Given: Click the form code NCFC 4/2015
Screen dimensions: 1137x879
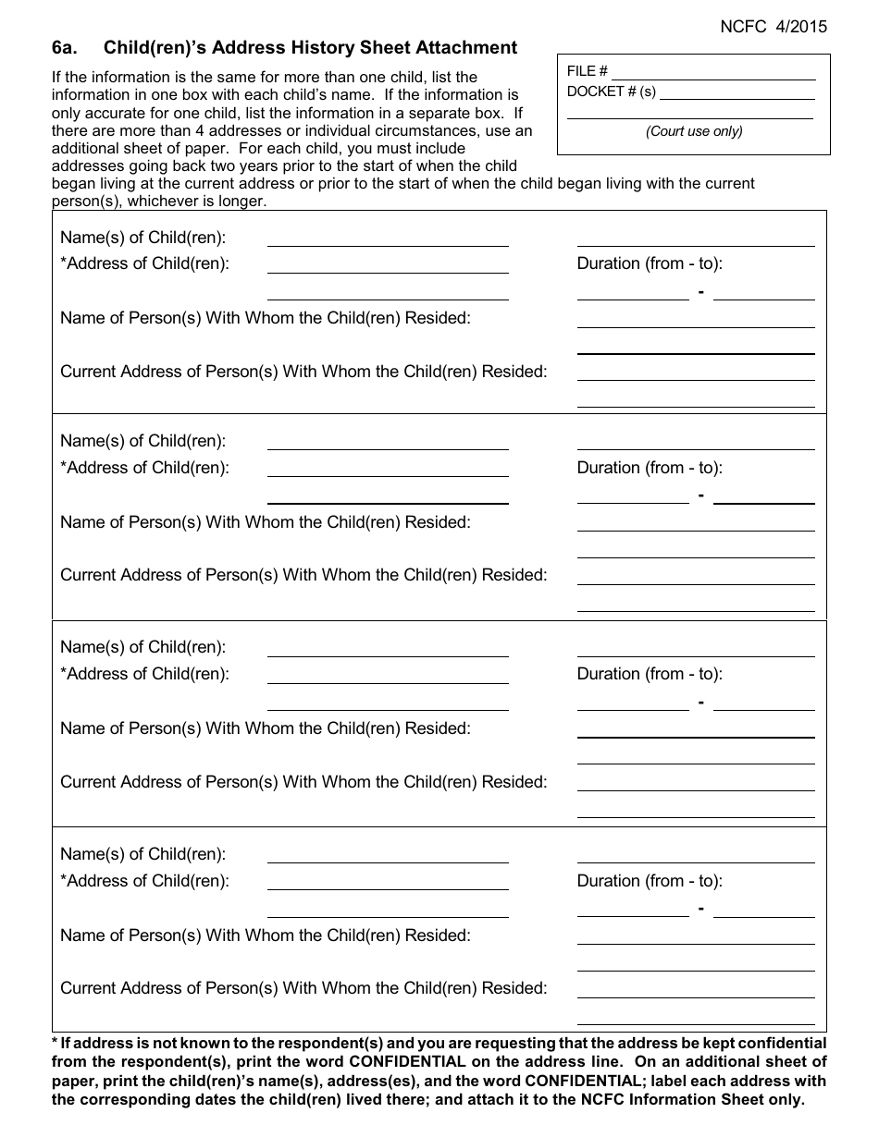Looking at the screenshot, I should point(774,27).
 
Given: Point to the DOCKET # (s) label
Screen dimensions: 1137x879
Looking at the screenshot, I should point(611,92).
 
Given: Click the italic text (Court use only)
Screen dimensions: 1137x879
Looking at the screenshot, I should point(694,131).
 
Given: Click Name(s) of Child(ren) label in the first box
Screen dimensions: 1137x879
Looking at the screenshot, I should point(142,238).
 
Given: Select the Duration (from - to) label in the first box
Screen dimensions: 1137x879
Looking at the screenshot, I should point(650,263).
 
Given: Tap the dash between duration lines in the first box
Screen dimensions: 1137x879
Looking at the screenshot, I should point(701,292).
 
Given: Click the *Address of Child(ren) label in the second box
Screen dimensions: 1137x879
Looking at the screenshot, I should point(144,468).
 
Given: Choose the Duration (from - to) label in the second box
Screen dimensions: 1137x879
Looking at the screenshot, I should point(650,468).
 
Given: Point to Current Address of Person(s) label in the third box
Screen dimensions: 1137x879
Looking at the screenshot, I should point(303,782).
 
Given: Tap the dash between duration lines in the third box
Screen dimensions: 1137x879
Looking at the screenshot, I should point(701,703).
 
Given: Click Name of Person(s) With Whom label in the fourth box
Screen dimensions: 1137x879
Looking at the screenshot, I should point(266,935).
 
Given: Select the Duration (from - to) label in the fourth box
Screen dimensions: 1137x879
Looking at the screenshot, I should point(650,881).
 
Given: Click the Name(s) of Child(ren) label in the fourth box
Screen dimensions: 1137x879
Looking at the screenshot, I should point(142,854).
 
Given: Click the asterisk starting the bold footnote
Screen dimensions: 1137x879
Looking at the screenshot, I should point(55,1042).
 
